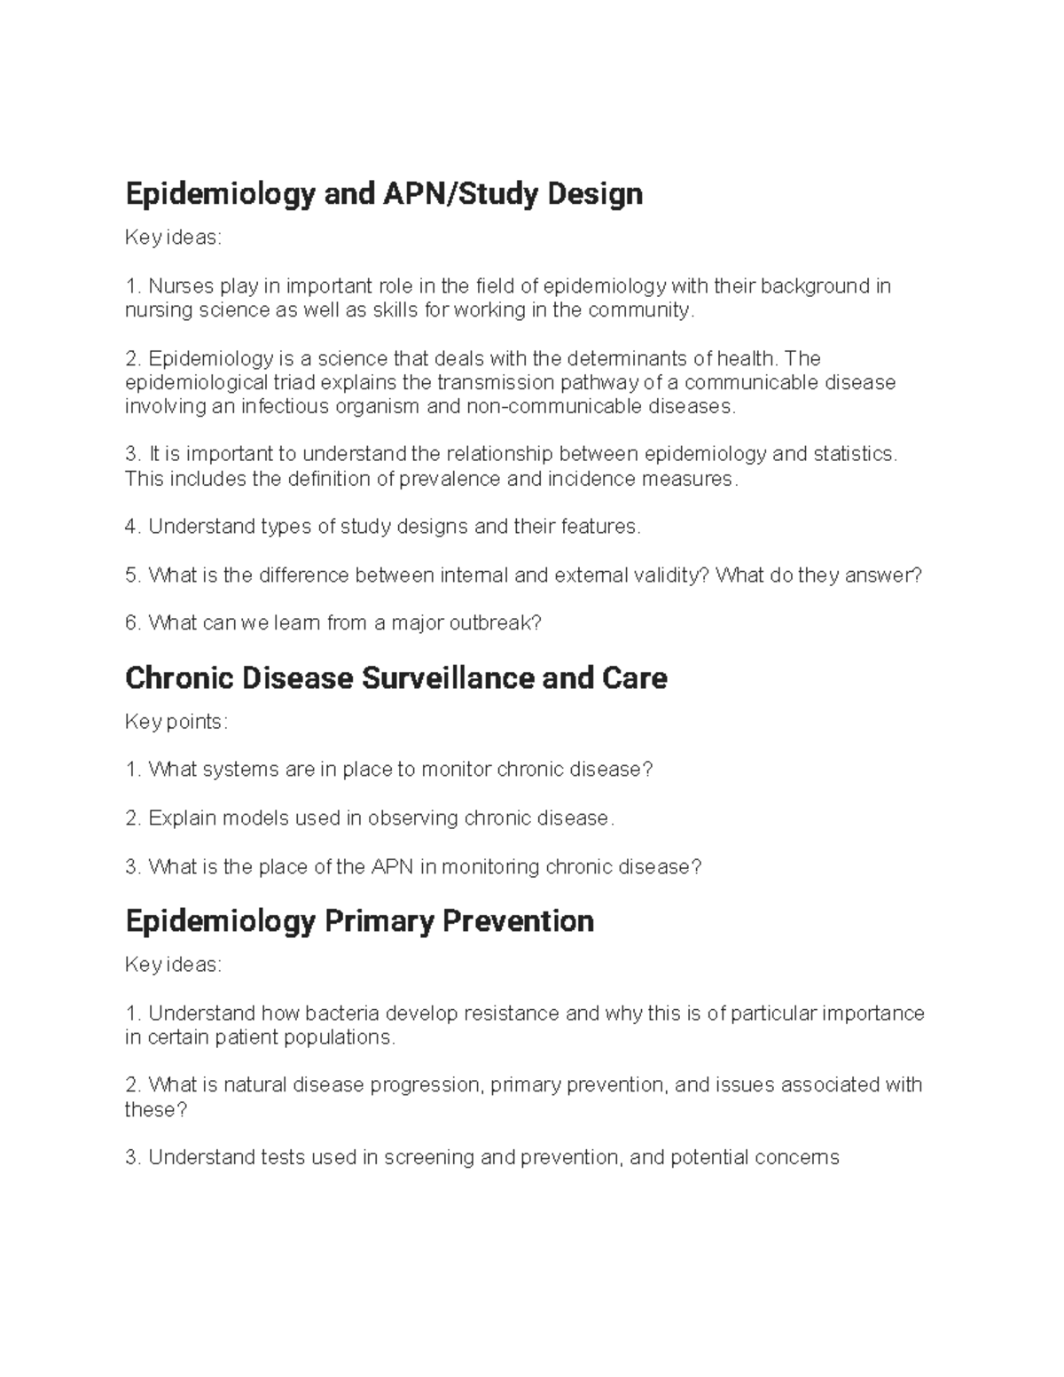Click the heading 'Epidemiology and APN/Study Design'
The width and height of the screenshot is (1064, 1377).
point(384,193)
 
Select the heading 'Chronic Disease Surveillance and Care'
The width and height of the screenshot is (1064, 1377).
point(395,678)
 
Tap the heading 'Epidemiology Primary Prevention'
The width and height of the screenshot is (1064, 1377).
point(359,921)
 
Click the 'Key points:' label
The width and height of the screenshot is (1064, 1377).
point(176,722)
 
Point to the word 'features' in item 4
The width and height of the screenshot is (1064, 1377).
point(599,527)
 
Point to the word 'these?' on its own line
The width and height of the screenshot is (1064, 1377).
point(156,1110)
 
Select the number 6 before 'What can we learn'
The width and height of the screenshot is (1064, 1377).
point(131,623)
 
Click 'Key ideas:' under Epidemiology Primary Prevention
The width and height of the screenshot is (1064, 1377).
point(173,965)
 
